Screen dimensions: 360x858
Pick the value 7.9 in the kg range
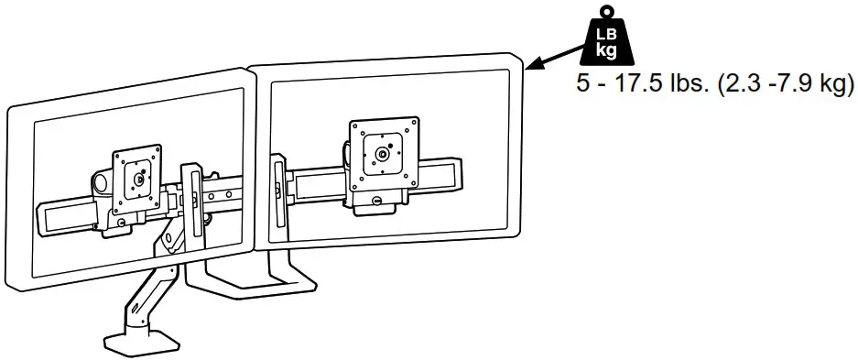pyautogui.click(x=794, y=84)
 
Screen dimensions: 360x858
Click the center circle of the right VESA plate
pyautogui.click(x=385, y=148)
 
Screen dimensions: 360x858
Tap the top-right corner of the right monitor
pyautogui.click(x=522, y=60)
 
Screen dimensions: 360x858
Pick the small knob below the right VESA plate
pyautogui.click(x=378, y=203)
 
